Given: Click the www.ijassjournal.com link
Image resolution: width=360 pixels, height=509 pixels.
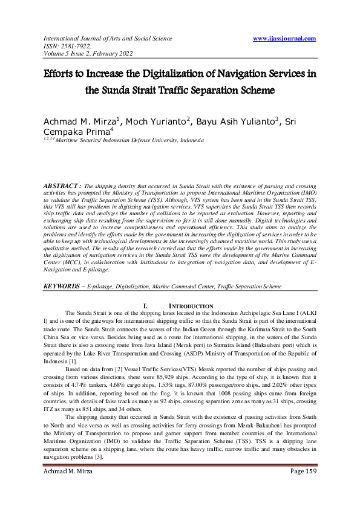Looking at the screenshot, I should point(284,39).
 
